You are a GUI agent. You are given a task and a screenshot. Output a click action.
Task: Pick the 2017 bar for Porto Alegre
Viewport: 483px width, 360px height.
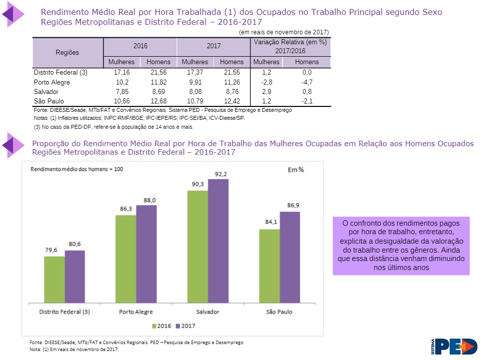click(146, 254)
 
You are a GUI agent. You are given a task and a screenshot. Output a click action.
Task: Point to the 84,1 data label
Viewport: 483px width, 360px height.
click(271, 222)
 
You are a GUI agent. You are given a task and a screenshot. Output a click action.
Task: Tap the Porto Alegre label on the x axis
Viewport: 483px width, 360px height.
click(136, 312)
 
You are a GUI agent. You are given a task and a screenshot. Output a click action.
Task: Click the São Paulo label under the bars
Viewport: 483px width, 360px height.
click(279, 312)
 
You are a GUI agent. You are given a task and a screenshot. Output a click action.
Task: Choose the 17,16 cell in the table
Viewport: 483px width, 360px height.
click(121, 72)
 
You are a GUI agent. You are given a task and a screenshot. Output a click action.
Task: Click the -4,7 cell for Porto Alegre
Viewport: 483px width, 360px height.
click(306, 82)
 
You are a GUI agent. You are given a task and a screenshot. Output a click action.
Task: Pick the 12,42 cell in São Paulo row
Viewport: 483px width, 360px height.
click(232, 101)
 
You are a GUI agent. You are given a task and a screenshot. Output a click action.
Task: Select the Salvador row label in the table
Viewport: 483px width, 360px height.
click(46, 92)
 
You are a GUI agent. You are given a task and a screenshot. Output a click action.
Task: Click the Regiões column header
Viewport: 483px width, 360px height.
click(67, 52)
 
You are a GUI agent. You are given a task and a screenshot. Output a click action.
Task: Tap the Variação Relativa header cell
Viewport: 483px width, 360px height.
click(290, 47)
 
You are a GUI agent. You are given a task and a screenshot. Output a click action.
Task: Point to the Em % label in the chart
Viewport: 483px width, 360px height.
click(295, 170)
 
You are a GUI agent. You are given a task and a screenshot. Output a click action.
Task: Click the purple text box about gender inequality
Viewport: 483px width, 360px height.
click(401, 245)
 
